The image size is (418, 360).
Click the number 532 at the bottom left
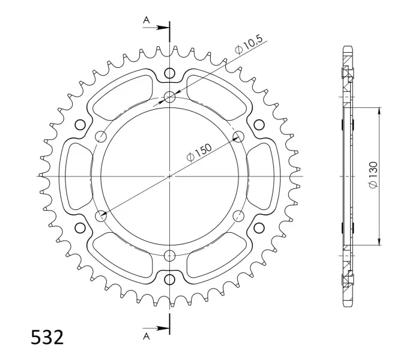47,337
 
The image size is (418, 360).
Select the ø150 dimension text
199,152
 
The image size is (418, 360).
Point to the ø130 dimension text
374,175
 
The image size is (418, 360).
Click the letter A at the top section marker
147,20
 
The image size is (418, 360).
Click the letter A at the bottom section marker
147,337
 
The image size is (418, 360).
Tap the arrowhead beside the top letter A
162,28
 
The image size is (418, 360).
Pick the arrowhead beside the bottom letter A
162,328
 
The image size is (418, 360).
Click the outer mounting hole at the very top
169,73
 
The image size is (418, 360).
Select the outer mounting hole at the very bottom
169,280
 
